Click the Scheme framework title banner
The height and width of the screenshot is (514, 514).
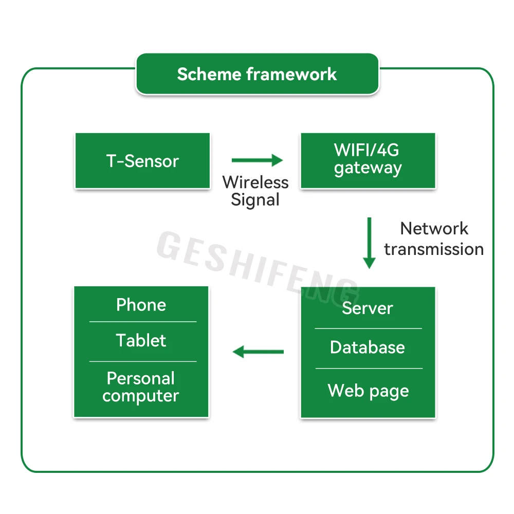coord(258,74)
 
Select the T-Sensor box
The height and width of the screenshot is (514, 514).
coord(142,160)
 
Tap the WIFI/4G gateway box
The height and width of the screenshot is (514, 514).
coord(368,160)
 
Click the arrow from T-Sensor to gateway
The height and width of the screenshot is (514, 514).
coord(257,160)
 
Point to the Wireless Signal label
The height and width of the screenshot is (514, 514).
coord(255,191)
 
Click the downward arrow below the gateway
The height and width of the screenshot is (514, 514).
coord(369,243)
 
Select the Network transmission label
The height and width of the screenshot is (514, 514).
coord(434,238)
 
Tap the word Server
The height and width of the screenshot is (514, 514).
coord(368,308)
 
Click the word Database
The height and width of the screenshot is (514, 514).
coord(368,347)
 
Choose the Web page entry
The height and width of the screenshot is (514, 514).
coord(368,391)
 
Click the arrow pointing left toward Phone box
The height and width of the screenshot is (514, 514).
coord(258,352)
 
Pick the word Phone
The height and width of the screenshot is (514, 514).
coord(141,305)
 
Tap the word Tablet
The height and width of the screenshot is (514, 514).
coord(141,340)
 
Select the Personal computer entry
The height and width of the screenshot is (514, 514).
coord(141,388)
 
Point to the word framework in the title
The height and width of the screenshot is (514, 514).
coord(291,74)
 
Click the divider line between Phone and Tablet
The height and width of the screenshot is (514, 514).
coord(143,322)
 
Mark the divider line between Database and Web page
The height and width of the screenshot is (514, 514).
coord(369,369)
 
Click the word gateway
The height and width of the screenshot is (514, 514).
coord(368,168)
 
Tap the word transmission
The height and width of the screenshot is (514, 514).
coord(434,249)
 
